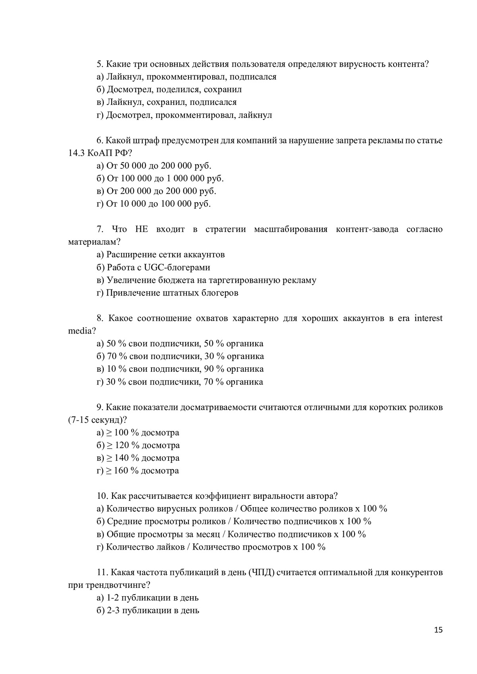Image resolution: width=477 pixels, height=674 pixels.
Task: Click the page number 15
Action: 438,641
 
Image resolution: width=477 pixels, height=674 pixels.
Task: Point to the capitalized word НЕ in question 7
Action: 142,230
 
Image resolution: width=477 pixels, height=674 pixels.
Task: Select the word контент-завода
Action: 367,230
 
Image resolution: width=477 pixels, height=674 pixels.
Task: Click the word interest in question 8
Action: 428,319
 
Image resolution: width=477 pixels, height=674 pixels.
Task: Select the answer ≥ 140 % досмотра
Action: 142,458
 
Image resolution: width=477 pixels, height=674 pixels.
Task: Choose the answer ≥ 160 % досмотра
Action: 142,471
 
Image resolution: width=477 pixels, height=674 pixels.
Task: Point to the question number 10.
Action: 102,496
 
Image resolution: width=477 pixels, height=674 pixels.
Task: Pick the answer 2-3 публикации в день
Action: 153,610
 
